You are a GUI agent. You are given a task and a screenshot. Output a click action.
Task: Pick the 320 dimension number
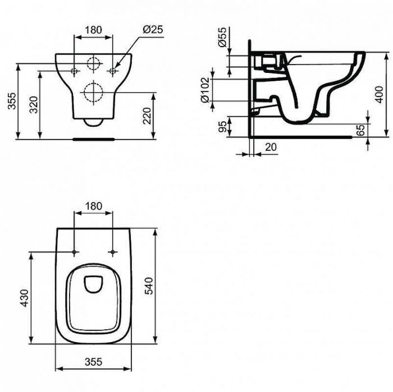[34, 104]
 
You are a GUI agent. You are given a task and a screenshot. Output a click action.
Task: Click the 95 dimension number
[222, 125]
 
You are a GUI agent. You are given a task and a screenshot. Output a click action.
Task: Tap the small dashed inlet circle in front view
[93, 64]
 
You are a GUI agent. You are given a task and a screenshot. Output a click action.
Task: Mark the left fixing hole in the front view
[75, 71]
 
